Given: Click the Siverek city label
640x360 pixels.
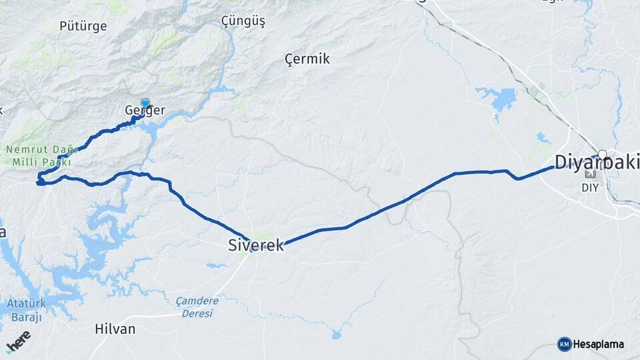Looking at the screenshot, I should (x=256, y=245).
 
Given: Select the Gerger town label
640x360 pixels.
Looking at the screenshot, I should (x=145, y=111).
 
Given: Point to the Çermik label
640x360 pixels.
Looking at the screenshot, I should (x=307, y=59).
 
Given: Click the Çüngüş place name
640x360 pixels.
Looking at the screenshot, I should (x=243, y=22).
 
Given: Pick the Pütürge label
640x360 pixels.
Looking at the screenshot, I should (x=83, y=27).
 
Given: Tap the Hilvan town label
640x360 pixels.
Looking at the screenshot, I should (x=115, y=329).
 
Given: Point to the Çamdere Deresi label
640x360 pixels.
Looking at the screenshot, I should (x=197, y=306).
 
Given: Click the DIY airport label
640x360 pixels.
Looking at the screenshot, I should (x=590, y=187).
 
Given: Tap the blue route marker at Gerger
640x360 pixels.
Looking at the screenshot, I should (x=145, y=104).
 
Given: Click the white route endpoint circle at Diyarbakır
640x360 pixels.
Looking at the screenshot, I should (x=602, y=155).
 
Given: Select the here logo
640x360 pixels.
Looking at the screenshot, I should (x=19, y=342).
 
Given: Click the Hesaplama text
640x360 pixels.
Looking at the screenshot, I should (x=599, y=345).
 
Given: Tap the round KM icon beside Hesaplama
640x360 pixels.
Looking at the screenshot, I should (x=564, y=344).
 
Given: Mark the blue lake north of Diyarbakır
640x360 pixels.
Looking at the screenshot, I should (x=501, y=99).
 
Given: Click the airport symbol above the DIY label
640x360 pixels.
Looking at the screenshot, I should (x=589, y=175).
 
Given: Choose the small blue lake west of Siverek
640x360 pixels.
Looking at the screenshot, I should (x=215, y=265).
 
